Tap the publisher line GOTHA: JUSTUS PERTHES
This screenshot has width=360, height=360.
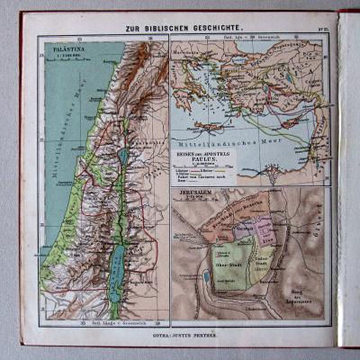coord(181,334)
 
